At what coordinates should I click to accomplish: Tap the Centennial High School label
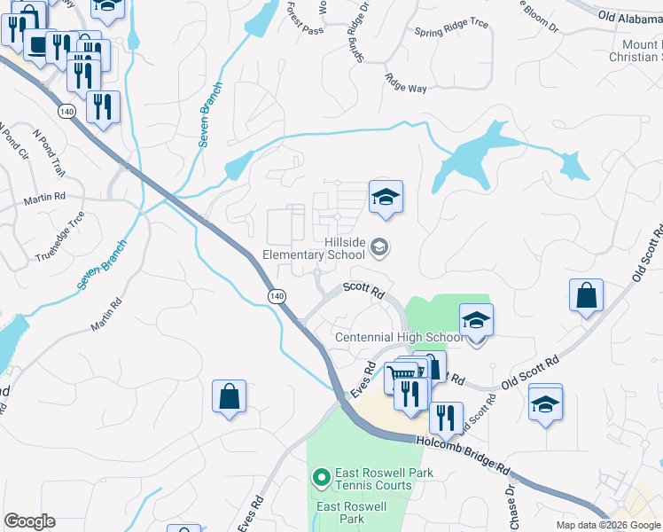[398, 337]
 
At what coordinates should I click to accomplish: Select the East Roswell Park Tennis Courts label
[372, 479]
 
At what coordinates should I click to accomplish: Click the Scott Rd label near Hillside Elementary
[363, 291]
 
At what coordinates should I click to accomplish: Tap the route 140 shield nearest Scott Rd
[277, 295]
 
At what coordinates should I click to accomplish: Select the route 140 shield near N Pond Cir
[66, 113]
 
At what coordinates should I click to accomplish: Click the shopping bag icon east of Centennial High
[587, 296]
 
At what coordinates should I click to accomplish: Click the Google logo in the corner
[29, 521]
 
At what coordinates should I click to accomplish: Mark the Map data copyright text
[608, 525]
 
